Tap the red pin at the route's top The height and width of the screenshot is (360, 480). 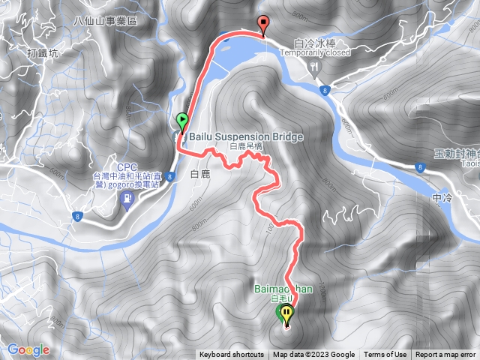pos(262,23)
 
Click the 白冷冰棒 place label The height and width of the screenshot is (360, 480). pos(314,43)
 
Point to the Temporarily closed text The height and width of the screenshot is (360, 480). pos(315,53)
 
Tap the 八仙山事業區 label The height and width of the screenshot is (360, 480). pos(107,22)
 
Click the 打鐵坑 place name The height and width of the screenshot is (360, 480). pos(41,53)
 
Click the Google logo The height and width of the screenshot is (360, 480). pos(28,349)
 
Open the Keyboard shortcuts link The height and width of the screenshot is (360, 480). pos(232,355)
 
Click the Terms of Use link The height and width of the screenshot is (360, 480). pos(385,355)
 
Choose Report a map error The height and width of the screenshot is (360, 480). pos(445,355)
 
